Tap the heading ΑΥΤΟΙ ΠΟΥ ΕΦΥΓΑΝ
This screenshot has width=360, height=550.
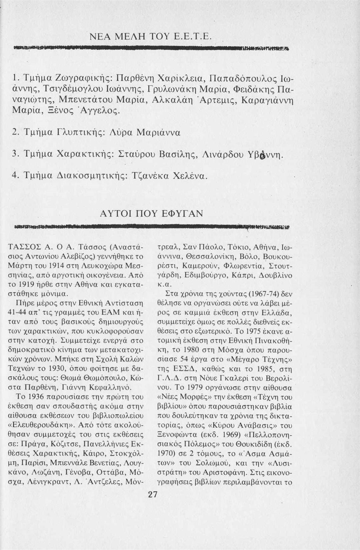pyautogui.click(x=152, y=213)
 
